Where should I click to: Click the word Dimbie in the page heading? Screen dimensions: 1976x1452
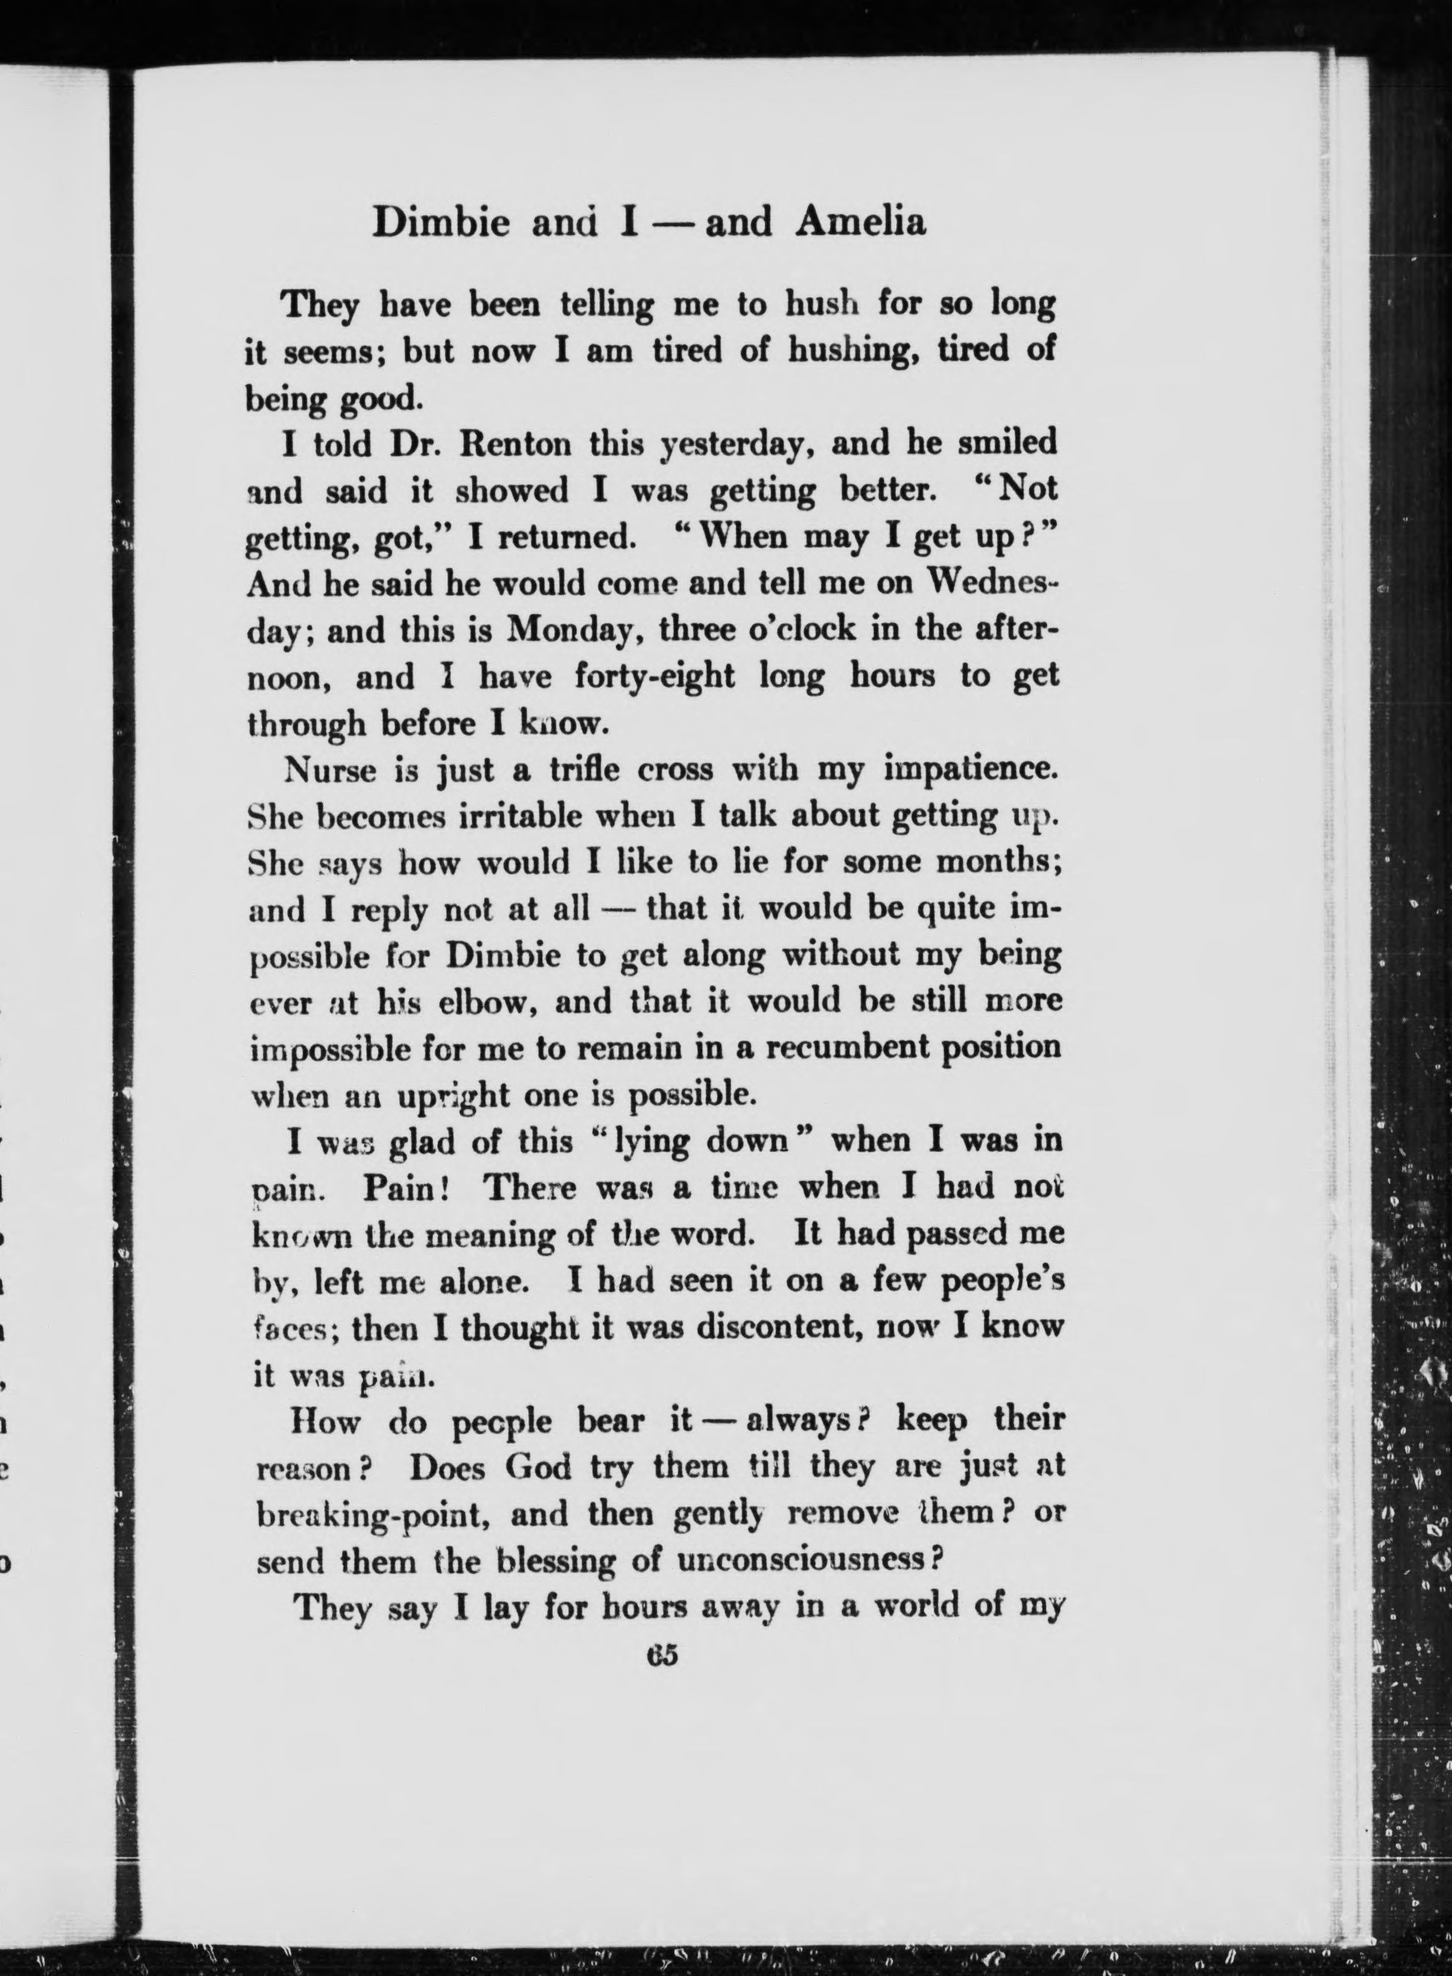pyautogui.click(x=440, y=223)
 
